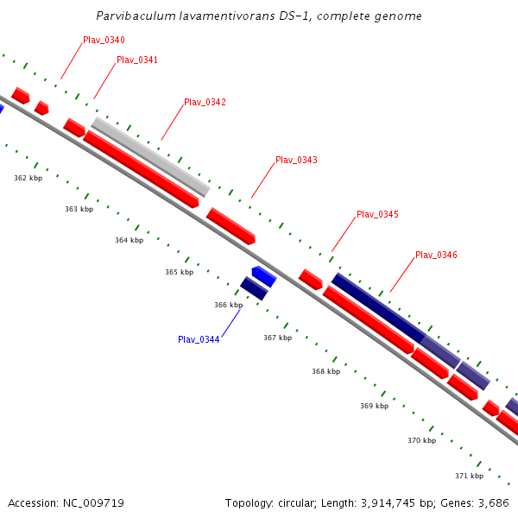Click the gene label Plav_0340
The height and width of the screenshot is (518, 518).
pyautogui.click(x=104, y=41)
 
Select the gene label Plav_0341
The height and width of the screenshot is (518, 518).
pyautogui.click(x=137, y=60)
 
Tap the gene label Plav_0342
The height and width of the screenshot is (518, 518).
pyautogui.click(x=205, y=103)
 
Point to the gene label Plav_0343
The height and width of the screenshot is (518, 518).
pyautogui.click(x=296, y=161)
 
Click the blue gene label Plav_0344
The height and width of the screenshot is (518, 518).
pyautogui.click(x=199, y=339)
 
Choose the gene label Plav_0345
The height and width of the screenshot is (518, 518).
pyautogui.click(x=377, y=215)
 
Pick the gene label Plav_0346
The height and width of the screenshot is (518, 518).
pyautogui.click(x=436, y=256)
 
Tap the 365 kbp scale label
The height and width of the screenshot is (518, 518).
pyautogui.click(x=179, y=273)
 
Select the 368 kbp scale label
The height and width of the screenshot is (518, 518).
pyautogui.click(x=325, y=371)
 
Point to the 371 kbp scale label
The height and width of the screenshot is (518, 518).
pyautogui.click(x=469, y=476)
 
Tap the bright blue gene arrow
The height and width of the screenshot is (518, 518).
pyautogui.click(x=263, y=276)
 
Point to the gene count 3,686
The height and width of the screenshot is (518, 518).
pyautogui.click(x=495, y=502)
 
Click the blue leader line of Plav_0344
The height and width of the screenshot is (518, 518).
pyautogui.click(x=231, y=322)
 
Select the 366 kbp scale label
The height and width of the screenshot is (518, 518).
pyautogui.click(x=228, y=306)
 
